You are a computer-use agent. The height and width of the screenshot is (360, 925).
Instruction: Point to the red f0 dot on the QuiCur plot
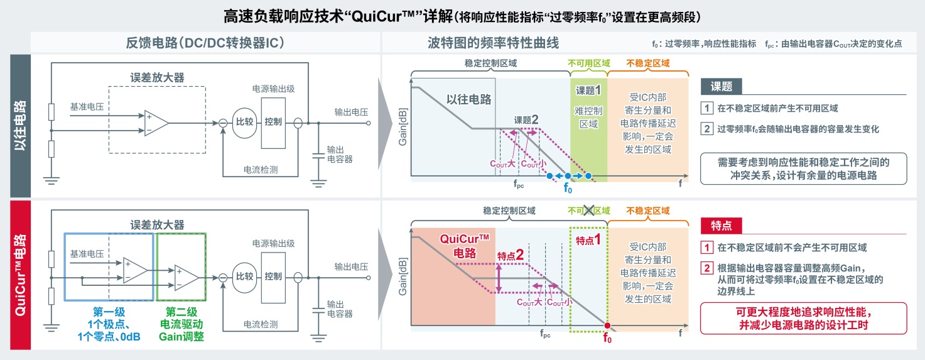[607, 325]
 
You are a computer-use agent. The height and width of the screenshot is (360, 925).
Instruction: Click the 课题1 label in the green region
[588, 90]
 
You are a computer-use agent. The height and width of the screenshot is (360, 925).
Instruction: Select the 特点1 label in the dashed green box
[588, 239]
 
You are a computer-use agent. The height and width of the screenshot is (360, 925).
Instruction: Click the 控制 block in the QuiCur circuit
[274, 276]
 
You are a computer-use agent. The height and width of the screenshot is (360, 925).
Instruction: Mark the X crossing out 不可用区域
[588, 211]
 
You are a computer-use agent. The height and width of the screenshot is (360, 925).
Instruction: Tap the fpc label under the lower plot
[545, 335]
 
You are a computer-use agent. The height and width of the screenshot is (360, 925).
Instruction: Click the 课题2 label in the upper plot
[526, 120]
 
